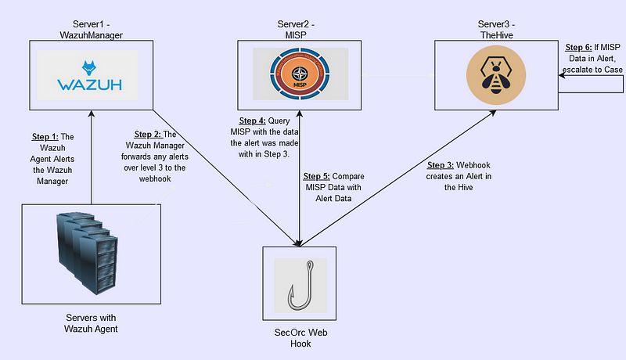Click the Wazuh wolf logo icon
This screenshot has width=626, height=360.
[x=88, y=68]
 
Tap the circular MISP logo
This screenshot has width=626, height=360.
[x=300, y=74]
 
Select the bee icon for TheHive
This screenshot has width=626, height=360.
[x=496, y=75]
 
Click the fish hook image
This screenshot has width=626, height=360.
[x=300, y=285]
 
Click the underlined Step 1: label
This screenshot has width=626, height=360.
[x=45, y=137]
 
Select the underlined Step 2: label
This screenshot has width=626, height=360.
[x=148, y=135]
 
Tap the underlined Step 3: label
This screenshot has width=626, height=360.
[x=441, y=165]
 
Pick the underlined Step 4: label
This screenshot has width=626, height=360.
[x=252, y=121]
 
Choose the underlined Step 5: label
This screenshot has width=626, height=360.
[x=317, y=176]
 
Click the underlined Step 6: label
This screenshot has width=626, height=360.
[x=578, y=48]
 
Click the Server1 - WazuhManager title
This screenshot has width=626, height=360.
[x=91, y=30]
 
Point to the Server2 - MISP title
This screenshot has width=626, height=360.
[x=296, y=30]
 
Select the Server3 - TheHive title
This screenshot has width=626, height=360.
[x=497, y=30]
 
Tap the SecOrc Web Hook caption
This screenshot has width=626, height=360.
[x=300, y=338]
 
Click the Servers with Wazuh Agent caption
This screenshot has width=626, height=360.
[x=91, y=323]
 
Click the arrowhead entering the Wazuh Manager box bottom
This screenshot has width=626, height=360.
[x=92, y=113]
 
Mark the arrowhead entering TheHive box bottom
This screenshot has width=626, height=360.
[x=493, y=113]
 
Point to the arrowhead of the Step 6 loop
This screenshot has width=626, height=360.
[x=561, y=75]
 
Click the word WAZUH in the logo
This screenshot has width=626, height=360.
[x=89, y=85]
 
